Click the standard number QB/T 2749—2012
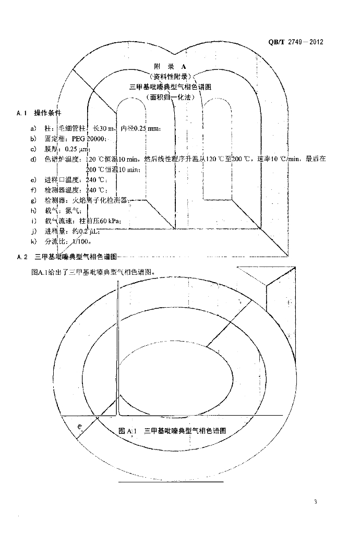coord(296,42)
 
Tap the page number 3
coord(316,502)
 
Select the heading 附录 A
coord(170,67)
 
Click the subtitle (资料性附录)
coord(170,77)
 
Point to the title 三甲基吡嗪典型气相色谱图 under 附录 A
coord(170,87)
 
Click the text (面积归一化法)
coord(170,97)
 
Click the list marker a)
coord(33,128)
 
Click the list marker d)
coord(33,159)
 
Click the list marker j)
coord(33,232)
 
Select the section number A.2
coord(22,257)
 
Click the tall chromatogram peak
coord(118,344)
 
